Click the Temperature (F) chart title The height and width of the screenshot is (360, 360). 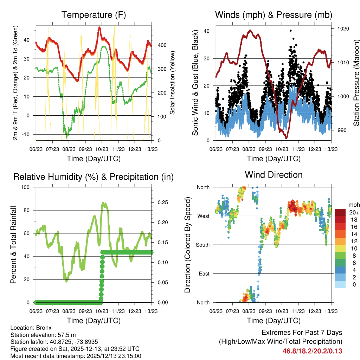94,15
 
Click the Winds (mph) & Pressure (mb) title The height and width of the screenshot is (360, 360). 274,15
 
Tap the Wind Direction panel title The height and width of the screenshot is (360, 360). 274,175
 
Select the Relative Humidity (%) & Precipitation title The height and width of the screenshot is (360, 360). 94,177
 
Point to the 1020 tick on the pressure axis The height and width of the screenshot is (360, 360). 343,28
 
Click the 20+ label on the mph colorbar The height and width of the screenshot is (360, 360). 354,212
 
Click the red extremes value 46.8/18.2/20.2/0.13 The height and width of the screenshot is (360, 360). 312,351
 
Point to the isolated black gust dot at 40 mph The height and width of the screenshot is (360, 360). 290,31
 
